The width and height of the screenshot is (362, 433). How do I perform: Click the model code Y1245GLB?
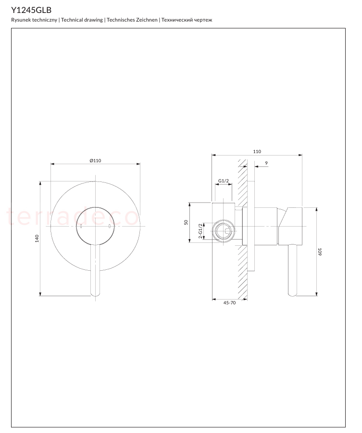[x=31, y=10]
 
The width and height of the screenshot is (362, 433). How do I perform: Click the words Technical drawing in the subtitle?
[x=82, y=20]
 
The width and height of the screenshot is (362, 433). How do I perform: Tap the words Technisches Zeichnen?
[x=132, y=20]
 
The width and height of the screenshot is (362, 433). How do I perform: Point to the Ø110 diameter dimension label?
[x=95, y=160]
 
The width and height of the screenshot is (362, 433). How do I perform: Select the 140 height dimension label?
[x=37, y=239]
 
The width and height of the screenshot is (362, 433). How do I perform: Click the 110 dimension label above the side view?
[x=257, y=151]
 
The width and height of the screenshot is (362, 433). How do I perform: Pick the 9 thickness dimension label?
[x=266, y=163]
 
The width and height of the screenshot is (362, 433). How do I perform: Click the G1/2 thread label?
[x=224, y=181]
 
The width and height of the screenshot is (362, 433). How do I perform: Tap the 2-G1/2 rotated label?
[x=200, y=231]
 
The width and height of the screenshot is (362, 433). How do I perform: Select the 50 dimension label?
[x=186, y=222]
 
